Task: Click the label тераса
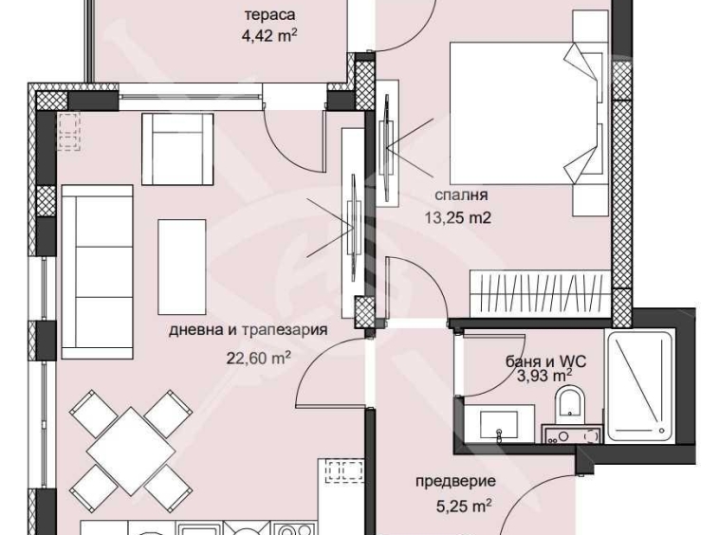[269, 15]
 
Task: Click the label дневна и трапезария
[249, 331]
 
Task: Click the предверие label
[455, 482]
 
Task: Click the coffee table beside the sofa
[181, 251]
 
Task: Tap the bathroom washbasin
[497, 419]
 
